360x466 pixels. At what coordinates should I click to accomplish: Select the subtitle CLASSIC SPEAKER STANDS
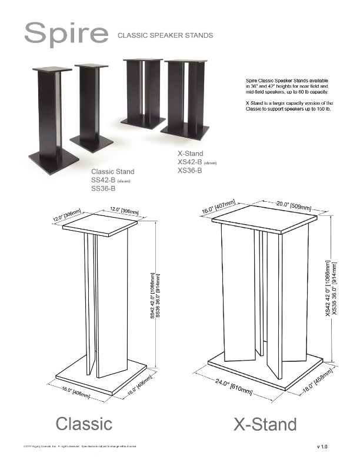(x=165, y=36)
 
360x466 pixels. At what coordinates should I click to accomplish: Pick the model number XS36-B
(x=189, y=171)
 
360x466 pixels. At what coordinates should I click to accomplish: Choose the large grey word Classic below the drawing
(x=84, y=423)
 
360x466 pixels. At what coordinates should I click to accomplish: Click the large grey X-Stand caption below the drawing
(x=265, y=424)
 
